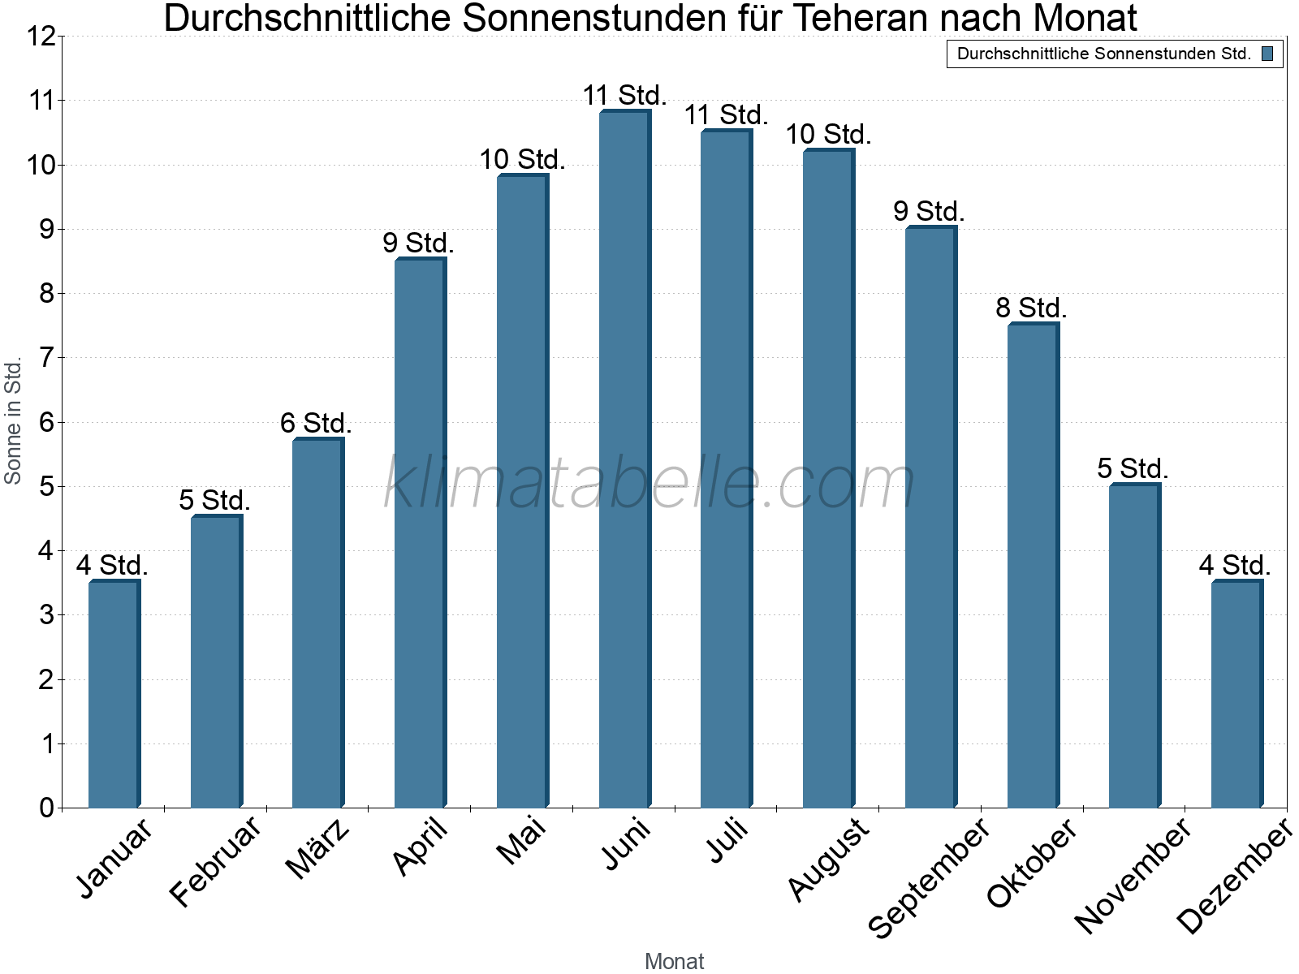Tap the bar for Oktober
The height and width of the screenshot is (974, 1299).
coord(1033,566)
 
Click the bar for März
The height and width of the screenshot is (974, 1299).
coord(317,623)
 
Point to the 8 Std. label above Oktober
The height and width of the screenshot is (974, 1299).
coord(1031,308)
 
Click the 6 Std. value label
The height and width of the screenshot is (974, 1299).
coord(316,424)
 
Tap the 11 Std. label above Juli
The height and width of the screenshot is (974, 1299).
coord(726,115)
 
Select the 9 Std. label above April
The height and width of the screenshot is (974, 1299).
coord(418,243)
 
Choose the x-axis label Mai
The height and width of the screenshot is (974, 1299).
coord(522,843)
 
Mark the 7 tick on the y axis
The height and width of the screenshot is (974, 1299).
coord(46,358)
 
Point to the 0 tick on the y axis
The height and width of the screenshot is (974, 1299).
coord(46,808)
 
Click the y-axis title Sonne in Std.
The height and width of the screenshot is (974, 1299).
coord(13,422)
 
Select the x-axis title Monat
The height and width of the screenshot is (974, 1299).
coord(674,961)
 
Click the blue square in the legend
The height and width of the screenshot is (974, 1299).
coord(1267,54)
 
